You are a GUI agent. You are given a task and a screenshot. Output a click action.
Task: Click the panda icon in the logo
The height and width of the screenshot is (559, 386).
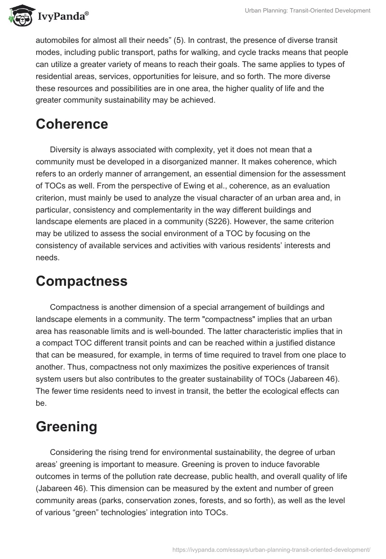20,16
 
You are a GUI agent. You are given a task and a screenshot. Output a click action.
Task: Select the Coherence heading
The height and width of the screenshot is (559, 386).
72,124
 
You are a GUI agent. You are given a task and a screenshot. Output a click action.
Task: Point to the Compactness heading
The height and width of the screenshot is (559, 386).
82,281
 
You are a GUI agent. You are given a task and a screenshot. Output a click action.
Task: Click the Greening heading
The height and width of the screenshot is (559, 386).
66,426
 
